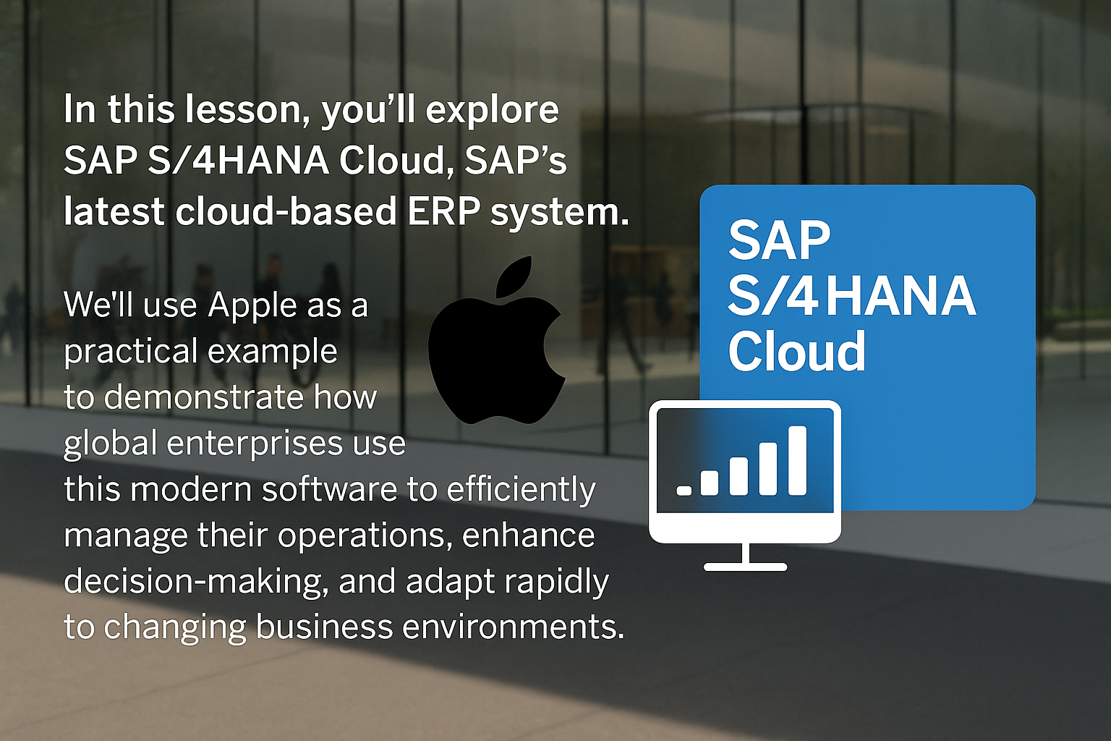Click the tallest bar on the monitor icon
[x=798, y=460]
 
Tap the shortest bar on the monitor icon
[x=684, y=491]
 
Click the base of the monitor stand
[x=746, y=567]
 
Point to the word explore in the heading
[x=492, y=111]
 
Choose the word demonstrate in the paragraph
[x=204, y=397]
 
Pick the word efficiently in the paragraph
[x=521, y=490]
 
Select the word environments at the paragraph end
[x=513, y=627]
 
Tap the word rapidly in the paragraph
[x=556, y=582]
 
